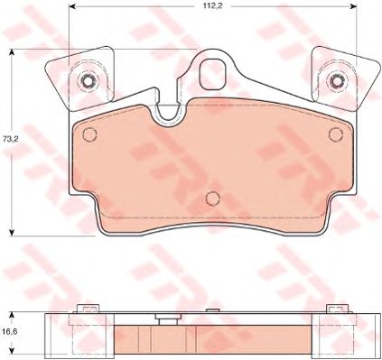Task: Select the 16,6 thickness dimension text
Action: [x=12, y=332]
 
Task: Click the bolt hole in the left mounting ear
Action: [x=88, y=83]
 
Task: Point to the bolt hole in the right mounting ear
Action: [x=335, y=82]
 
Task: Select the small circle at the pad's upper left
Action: [x=89, y=134]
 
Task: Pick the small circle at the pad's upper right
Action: [x=334, y=134]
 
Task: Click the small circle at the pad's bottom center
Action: [x=211, y=198]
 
